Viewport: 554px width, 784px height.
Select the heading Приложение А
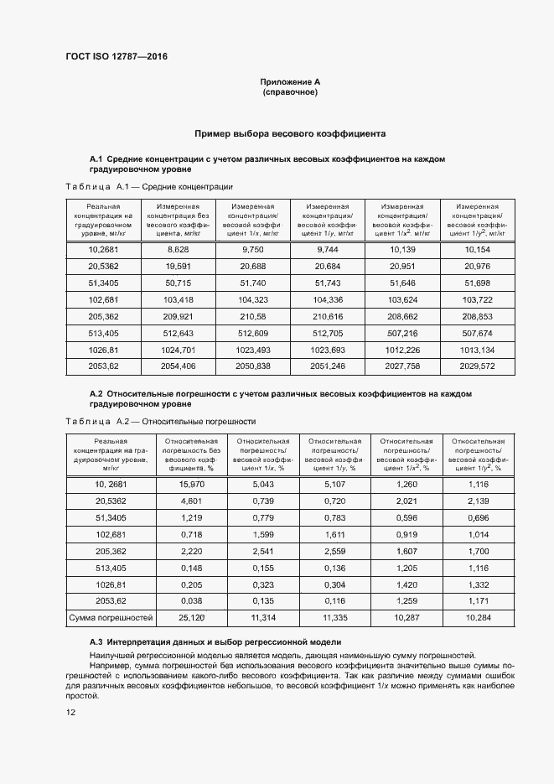290,82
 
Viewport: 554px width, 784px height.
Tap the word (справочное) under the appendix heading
290,91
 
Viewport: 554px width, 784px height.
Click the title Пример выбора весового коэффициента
290,133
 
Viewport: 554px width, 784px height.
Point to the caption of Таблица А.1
149,186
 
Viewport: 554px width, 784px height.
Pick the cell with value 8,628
179,250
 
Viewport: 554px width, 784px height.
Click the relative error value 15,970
192,484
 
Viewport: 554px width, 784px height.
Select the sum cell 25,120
192,618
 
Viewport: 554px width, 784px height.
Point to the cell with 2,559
334,551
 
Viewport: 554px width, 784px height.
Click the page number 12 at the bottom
70,713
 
